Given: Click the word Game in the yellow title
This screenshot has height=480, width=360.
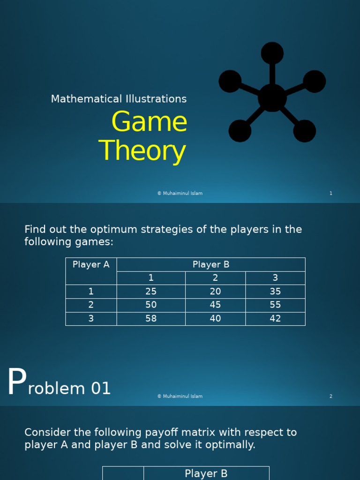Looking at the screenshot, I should [149, 122].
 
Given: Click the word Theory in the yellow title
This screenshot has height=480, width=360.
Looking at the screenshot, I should [142, 151].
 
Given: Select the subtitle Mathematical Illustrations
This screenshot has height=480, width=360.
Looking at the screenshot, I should [119, 99].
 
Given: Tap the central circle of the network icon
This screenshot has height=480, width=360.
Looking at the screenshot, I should [272, 97].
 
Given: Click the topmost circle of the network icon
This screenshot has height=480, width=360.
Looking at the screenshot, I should [272, 53].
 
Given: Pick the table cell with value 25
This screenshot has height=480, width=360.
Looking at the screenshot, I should [151, 292].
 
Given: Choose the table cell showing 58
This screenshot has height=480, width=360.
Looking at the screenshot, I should [151, 319].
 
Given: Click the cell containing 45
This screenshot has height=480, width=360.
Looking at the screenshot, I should [215, 305].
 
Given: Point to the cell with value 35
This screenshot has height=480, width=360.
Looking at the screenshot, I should [275, 292].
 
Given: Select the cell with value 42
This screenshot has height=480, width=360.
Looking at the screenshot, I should [275, 319].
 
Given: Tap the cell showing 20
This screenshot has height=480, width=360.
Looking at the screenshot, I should [215, 292].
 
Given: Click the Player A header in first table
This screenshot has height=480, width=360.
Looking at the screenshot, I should [91, 265].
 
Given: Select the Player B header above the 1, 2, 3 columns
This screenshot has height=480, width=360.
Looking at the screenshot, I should [211, 265].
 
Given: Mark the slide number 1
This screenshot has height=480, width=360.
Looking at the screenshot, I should [331, 194].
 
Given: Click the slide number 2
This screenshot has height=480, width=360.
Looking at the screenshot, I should [331, 397].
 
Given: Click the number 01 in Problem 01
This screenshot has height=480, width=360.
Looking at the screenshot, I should [100, 389].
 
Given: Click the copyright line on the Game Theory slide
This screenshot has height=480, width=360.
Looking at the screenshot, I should [180, 194].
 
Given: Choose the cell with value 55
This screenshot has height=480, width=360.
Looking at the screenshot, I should [275, 305].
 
